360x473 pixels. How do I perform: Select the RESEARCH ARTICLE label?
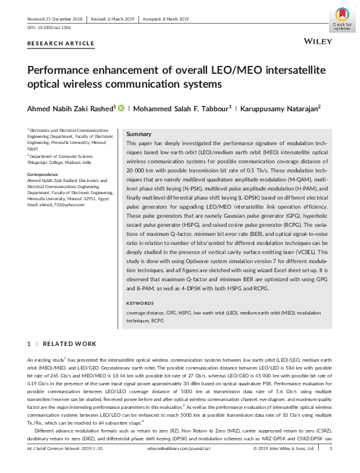tap(61, 43)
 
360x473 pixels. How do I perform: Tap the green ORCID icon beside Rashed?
tap(120, 108)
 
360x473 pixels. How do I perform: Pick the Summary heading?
tap(139, 133)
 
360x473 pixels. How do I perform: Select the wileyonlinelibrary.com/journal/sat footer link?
tap(179, 466)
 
